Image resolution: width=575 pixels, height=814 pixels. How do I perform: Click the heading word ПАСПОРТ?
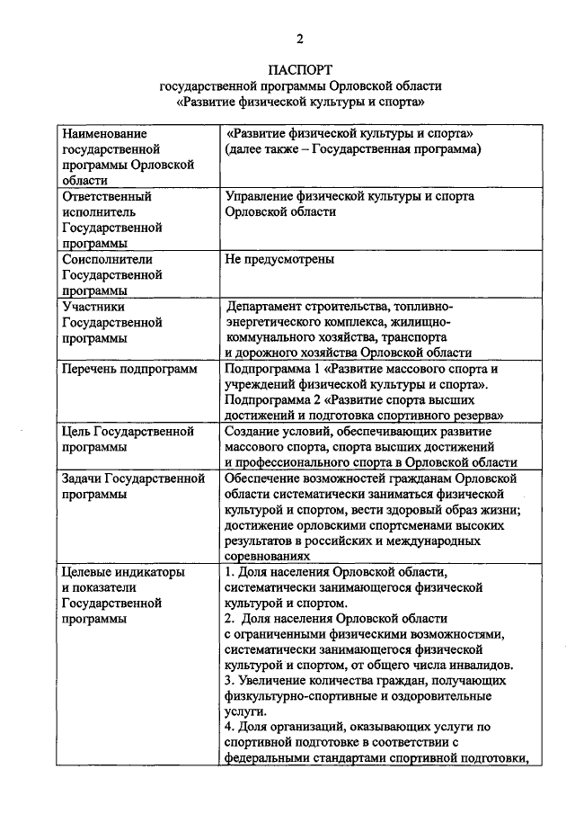point(300,69)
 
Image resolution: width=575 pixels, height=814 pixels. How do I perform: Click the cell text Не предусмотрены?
point(280,259)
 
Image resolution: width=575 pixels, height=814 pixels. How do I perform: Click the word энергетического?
point(273,321)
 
